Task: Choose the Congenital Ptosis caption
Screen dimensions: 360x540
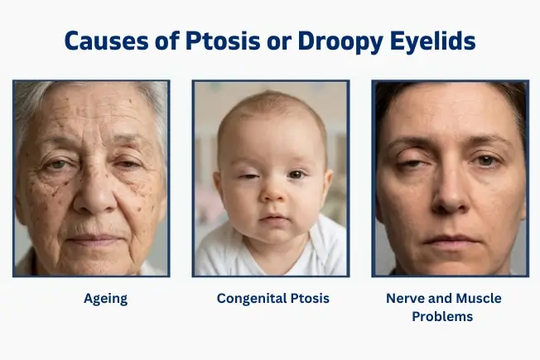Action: click(272, 298)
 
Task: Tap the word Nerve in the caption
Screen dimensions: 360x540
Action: click(404, 298)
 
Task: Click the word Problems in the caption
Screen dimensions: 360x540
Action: click(449, 316)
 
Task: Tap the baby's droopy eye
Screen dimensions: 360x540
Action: click(247, 176)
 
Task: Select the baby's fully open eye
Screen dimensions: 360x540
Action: click(296, 175)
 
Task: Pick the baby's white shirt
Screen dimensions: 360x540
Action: click(273, 261)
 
